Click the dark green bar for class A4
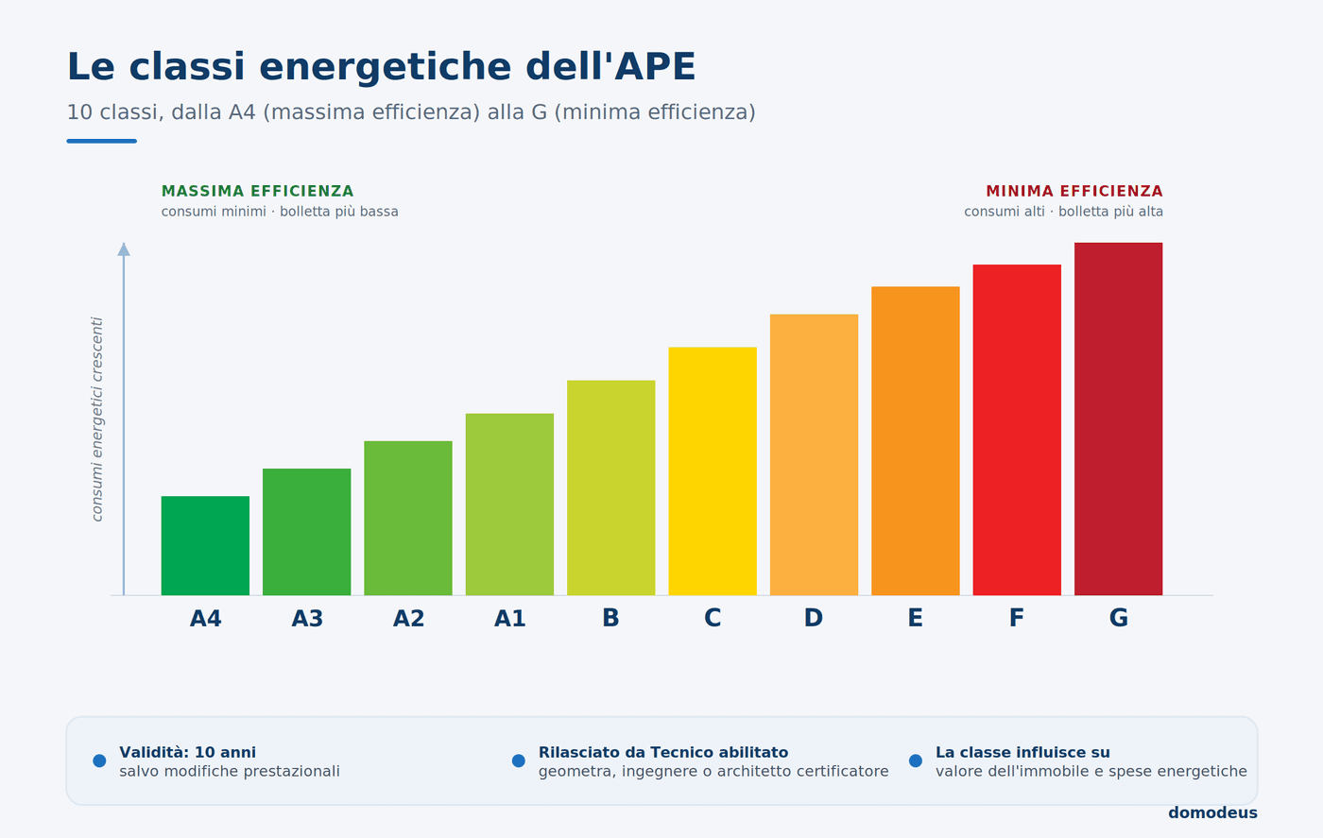[205, 546]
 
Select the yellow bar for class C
[713, 471]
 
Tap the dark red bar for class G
[1118, 419]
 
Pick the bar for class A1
[509, 505]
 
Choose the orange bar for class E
[916, 441]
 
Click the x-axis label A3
[307, 618]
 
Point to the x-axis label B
[610, 618]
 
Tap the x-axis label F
[1017, 618]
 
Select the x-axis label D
[814, 618]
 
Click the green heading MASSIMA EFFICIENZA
[257, 192]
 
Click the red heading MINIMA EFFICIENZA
[1074, 192]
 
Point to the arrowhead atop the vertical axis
[124, 249]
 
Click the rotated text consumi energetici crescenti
[96, 419]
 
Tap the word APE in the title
[655, 66]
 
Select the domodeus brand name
[1212, 813]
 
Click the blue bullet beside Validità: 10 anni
[99, 761]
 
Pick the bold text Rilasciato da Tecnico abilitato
[663, 752]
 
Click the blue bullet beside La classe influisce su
[916, 761]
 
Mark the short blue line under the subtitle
[102, 141]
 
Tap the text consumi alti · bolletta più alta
[1064, 212]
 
